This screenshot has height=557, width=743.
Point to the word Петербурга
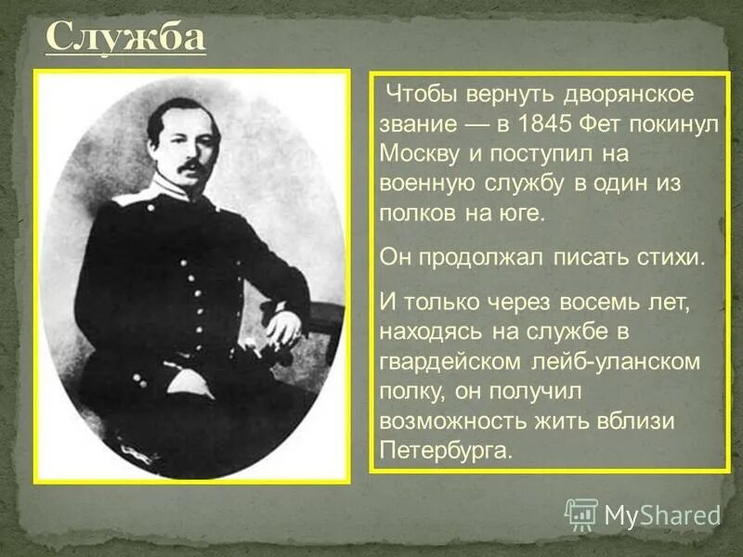[x=446, y=449]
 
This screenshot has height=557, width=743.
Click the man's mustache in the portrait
[x=192, y=167]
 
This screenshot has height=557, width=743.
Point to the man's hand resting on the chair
[x=283, y=325]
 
